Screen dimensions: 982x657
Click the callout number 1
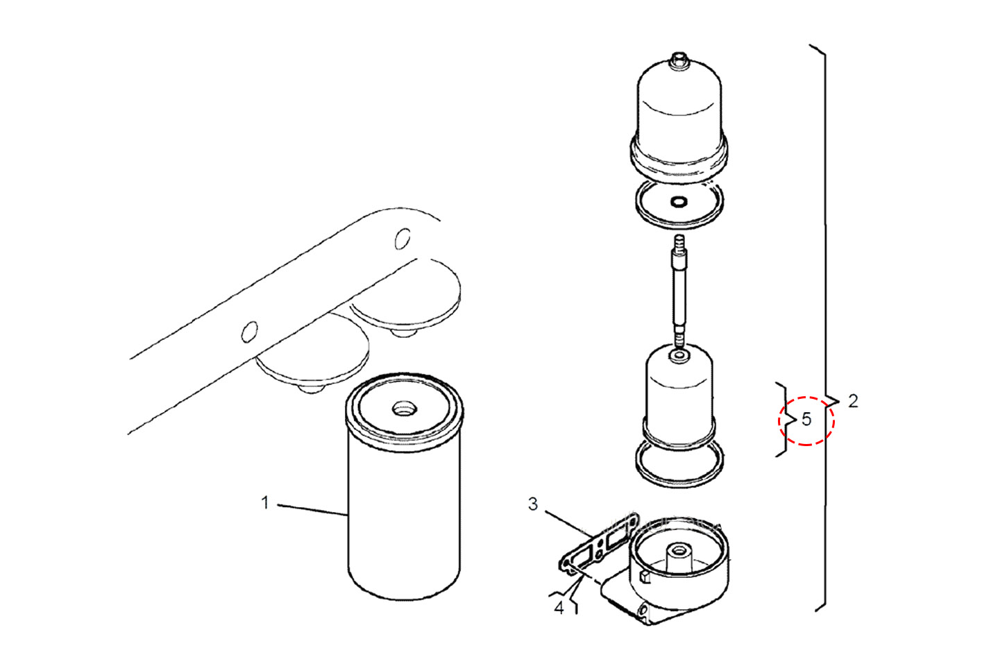[x=265, y=503]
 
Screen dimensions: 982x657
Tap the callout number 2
[x=853, y=401]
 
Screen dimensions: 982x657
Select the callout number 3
[x=533, y=504]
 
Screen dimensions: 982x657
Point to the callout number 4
[x=559, y=608]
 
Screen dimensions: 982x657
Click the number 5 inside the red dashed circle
[x=806, y=420]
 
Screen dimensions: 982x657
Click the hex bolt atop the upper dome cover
[x=678, y=60]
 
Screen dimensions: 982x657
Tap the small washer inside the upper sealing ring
[x=679, y=202]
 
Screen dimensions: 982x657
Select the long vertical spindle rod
[x=679, y=291]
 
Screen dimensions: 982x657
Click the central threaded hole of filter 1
[x=403, y=409]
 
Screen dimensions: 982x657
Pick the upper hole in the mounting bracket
[x=403, y=239]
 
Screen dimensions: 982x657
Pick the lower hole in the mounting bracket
[x=249, y=332]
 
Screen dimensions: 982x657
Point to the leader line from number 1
[x=312, y=510]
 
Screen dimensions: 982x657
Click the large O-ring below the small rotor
[x=679, y=464]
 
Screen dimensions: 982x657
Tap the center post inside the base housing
[x=679, y=556]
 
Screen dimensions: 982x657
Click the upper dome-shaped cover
[x=679, y=119]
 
